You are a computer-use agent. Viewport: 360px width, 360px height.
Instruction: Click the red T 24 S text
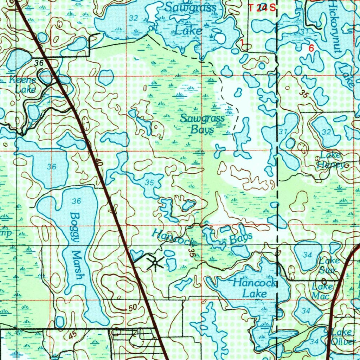[x=262, y=8]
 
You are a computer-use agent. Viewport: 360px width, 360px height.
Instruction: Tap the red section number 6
[x=311, y=49]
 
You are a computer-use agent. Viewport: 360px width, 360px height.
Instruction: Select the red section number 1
[x=242, y=42]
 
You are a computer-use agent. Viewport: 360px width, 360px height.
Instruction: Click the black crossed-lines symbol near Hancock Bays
[x=155, y=263]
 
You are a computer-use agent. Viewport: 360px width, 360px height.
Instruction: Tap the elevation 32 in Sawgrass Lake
[x=133, y=19]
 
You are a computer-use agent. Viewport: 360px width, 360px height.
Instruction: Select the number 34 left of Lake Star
[x=307, y=255]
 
